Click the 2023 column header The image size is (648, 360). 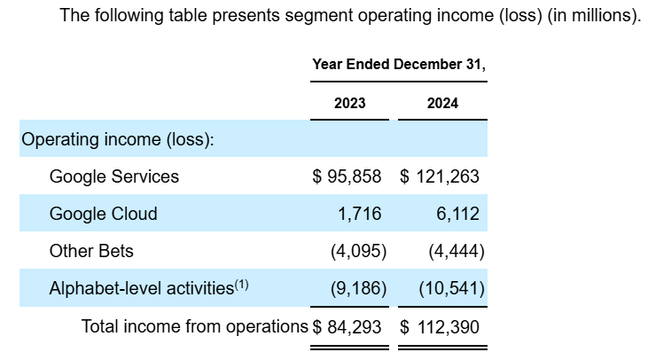click(349, 103)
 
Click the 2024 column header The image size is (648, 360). click(442, 103)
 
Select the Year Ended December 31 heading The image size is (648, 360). click(399, 65)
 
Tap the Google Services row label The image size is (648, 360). click(113, 176)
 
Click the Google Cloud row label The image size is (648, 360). click(103, 214)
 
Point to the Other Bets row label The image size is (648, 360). click(91, 251)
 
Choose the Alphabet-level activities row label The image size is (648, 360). click(142, 288)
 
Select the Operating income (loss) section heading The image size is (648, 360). click(117, 140)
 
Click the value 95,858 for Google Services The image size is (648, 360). click(354, 176)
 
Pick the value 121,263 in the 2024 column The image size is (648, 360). click(448, 176)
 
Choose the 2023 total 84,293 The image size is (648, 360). click(354, 326)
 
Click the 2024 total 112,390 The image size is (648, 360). click(448, 326)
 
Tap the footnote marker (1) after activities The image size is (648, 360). click(242, 285)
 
